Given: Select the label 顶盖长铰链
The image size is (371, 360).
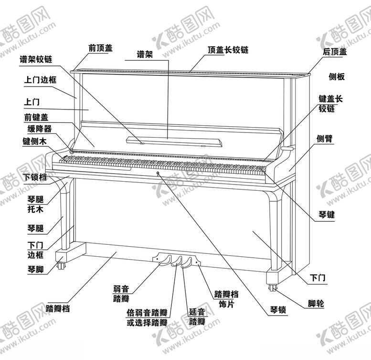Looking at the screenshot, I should tap(228, 50).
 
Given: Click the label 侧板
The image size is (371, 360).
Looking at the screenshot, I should tap(337, 77).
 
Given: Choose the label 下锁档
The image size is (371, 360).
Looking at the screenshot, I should tap(35, 177).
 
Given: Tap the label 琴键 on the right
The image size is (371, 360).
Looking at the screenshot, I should tap(327, 215).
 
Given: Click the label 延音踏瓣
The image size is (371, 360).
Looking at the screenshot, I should tap(197, 317).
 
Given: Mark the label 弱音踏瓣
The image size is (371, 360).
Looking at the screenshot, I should tap(121, 294).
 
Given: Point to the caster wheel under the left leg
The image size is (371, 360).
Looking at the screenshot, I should tap(61, 265).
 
